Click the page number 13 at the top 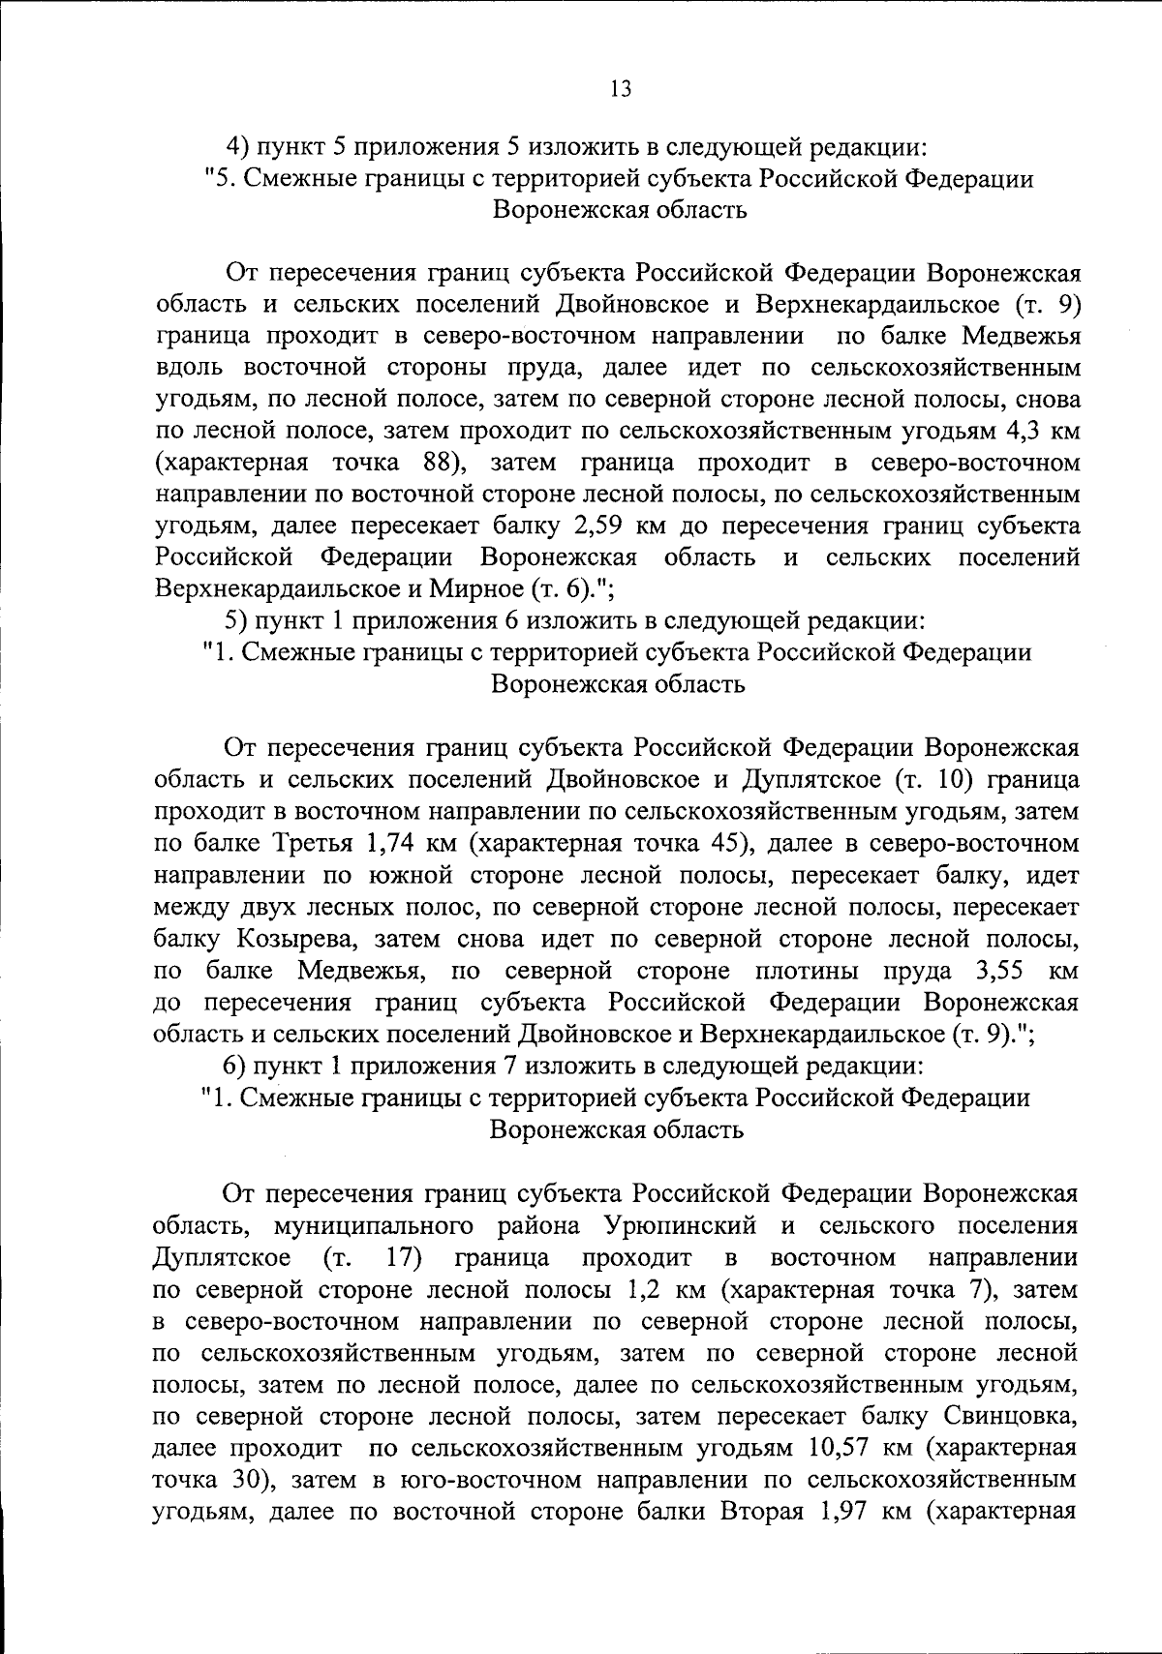(621, 89)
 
